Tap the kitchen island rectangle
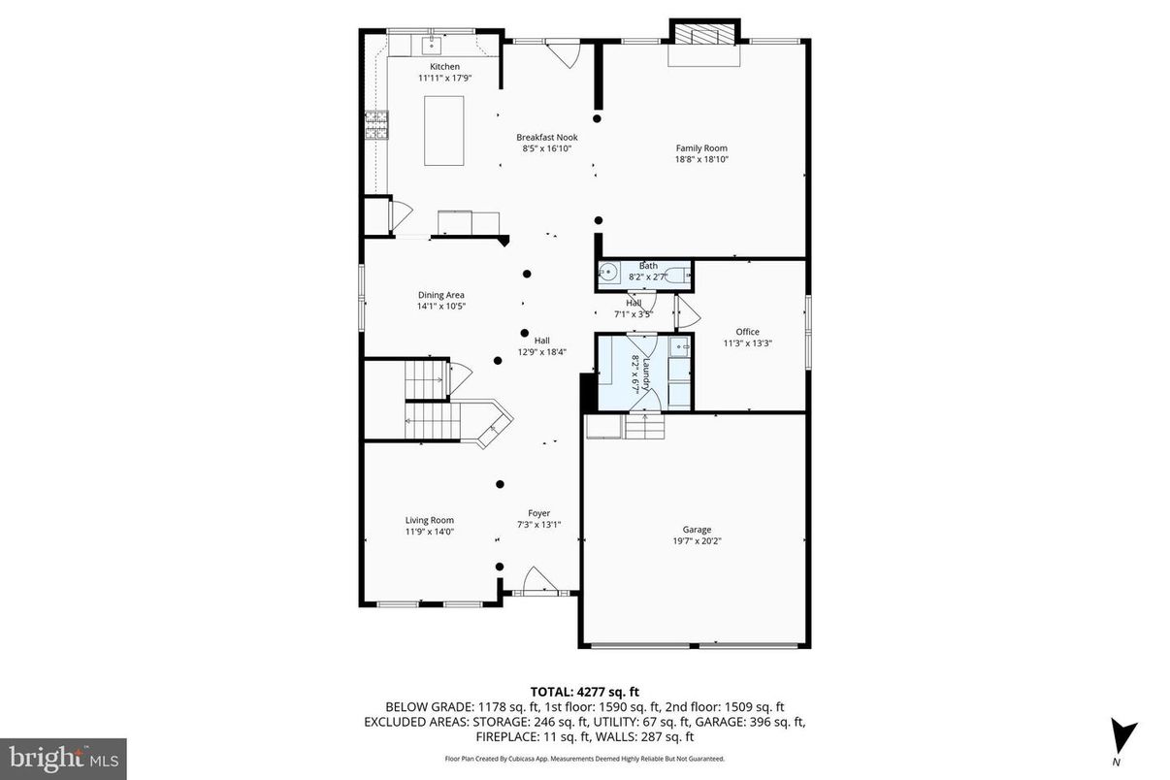click(x=443, y=130)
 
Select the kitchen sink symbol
click(x=432, y=45)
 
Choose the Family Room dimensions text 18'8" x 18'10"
click(x=701, y=159)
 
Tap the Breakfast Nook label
click(x=546, y=138)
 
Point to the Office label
click(x=747, y=332)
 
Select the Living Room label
click(x=429, y=520)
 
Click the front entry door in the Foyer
click(x=536, y=581)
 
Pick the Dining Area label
click(x=441, y=295)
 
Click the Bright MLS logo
click(x=63, y=756)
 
